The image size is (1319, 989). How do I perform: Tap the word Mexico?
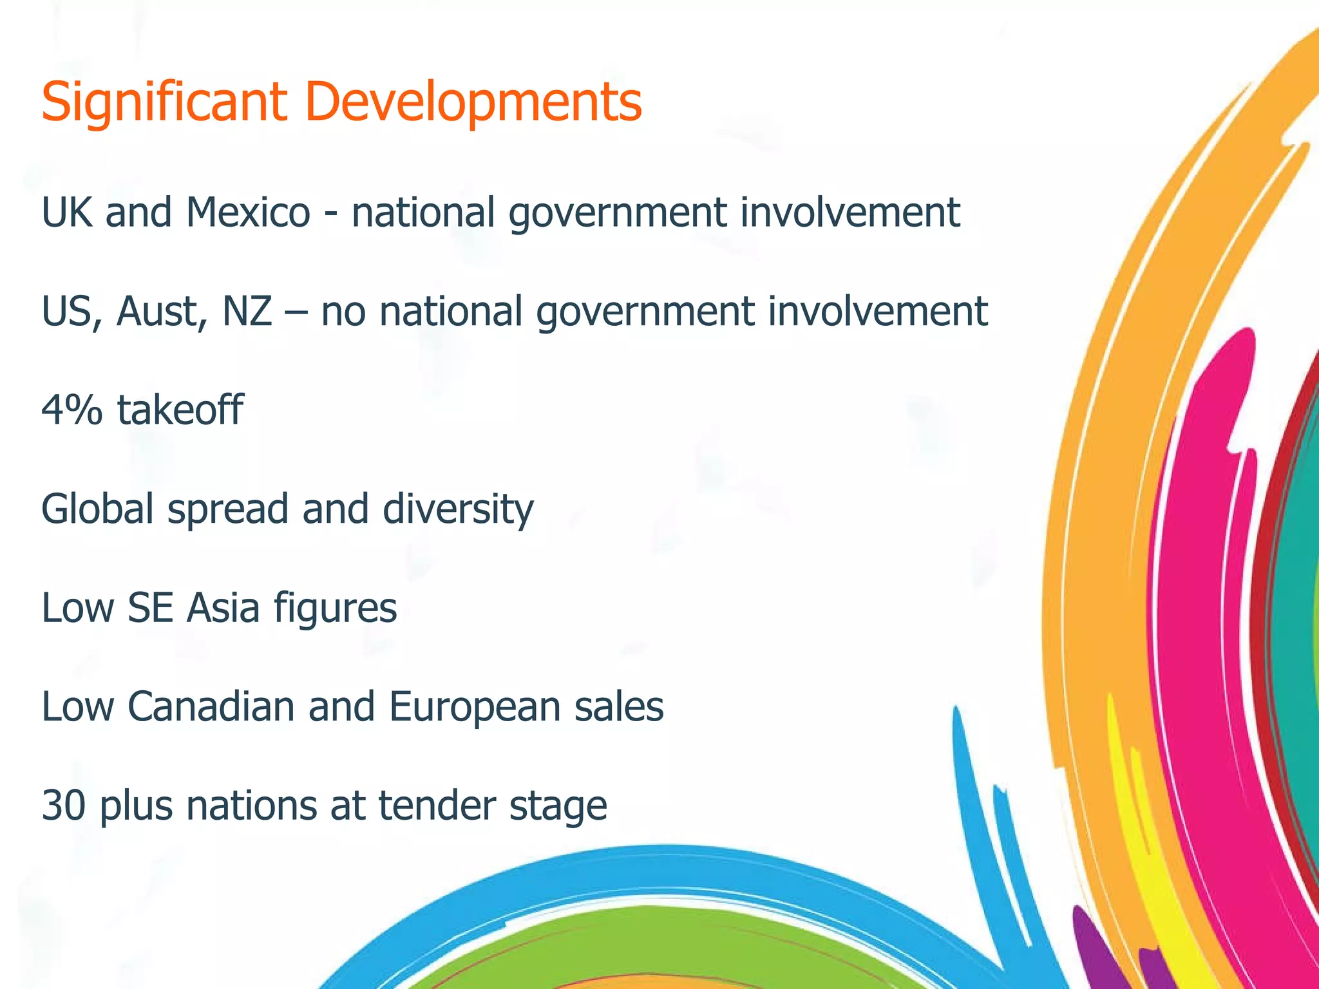[248, 212]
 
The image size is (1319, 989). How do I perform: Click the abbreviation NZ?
[247, 311]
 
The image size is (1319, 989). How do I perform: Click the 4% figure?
[71, 410]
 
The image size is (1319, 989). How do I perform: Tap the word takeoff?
[180, 410]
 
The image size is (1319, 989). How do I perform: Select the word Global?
[97, 509]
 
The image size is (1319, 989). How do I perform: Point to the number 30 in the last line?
[64, 805]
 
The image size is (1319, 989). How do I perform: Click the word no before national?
[343, 312]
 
